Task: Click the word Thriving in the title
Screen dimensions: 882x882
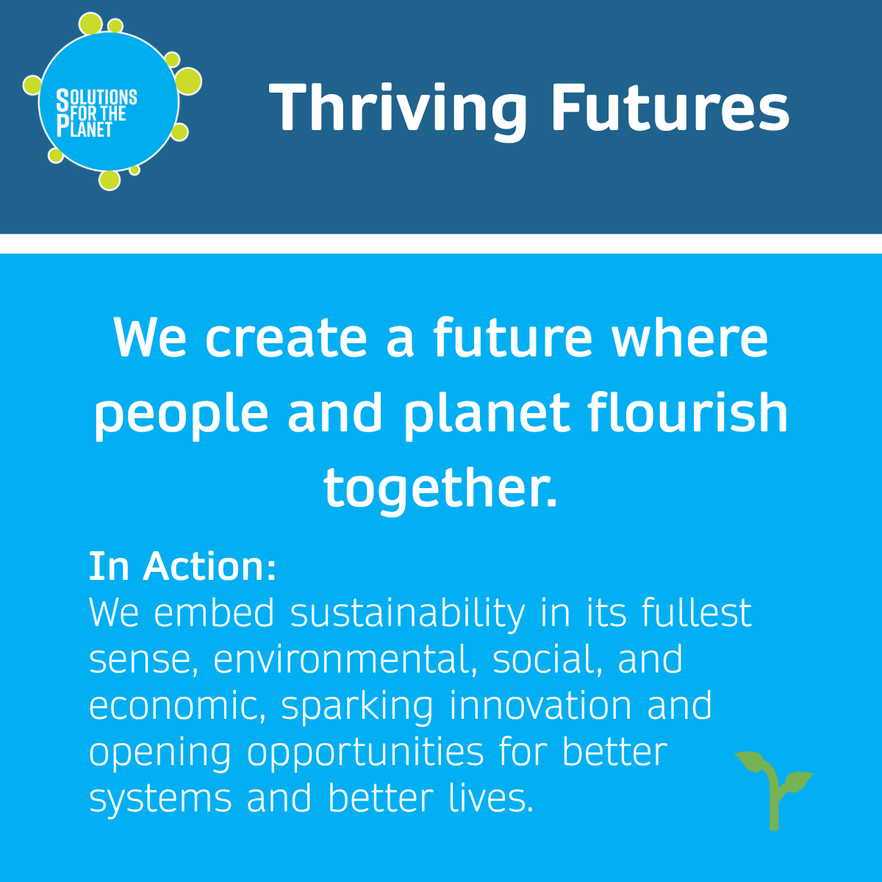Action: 398,110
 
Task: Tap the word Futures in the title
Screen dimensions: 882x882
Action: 670,107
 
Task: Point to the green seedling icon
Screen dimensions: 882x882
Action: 773,790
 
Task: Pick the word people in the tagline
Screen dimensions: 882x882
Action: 182,415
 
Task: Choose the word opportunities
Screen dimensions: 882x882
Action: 365,754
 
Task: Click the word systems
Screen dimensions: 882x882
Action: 160,800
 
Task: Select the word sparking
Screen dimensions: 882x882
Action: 357,708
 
